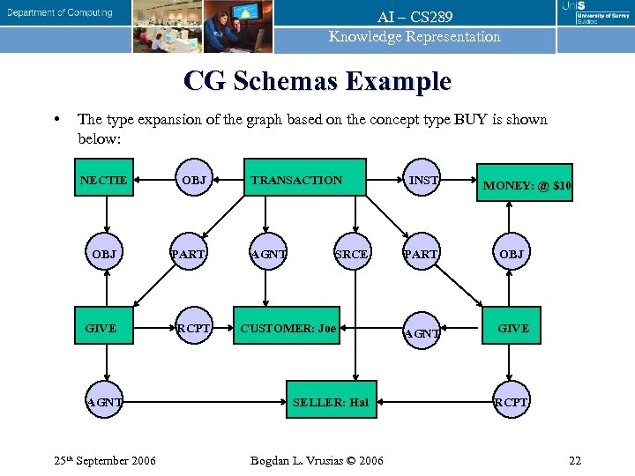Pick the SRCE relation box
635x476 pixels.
[351, 254]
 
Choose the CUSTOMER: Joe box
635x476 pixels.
[288, 329]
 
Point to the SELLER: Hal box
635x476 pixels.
[330, 403]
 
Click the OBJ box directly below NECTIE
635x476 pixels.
[104, 254]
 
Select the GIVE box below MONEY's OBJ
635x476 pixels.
[513, 328]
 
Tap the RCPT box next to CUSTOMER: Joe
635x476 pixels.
[194, 329]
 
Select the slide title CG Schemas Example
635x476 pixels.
[317, 82]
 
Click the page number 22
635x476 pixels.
[574, 461]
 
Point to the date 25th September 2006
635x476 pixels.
[105, 460]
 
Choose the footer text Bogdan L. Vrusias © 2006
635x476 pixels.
[317, 461]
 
